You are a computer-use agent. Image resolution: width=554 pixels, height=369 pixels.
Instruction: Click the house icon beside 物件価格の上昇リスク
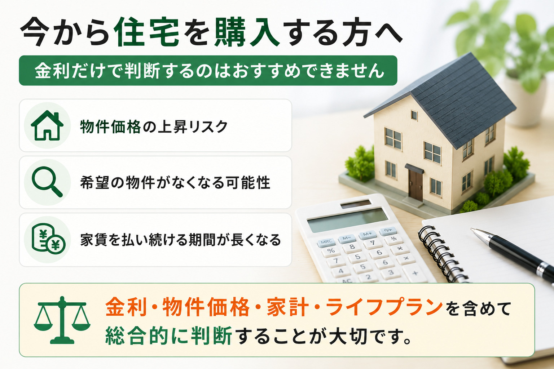(x=47, y=125)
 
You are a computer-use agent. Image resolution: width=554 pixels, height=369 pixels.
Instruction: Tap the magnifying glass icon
(x=47, y=182)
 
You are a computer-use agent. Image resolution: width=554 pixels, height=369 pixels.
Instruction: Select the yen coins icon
(x=48, y=239)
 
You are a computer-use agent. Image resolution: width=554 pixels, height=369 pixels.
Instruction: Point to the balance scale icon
(x=62, y=320)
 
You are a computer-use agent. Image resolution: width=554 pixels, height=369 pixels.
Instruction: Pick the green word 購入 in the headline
(x=247, y=32)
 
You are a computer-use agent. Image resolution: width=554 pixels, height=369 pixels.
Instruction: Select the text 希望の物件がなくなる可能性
(x=175, y=183)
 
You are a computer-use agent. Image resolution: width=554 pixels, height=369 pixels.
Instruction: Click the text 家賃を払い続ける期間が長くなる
(x=181, y=240)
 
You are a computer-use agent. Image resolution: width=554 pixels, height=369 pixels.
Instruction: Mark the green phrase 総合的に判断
(x=169, y=335)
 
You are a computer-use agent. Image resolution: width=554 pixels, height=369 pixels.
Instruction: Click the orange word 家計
(x=287, y=307)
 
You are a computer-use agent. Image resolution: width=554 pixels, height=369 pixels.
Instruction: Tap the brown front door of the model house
(x=415, y=185)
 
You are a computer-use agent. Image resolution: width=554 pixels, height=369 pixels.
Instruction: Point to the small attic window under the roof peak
(x=414, y=115)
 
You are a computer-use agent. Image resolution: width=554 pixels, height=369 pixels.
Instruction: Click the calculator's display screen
(x=347, y=220)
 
